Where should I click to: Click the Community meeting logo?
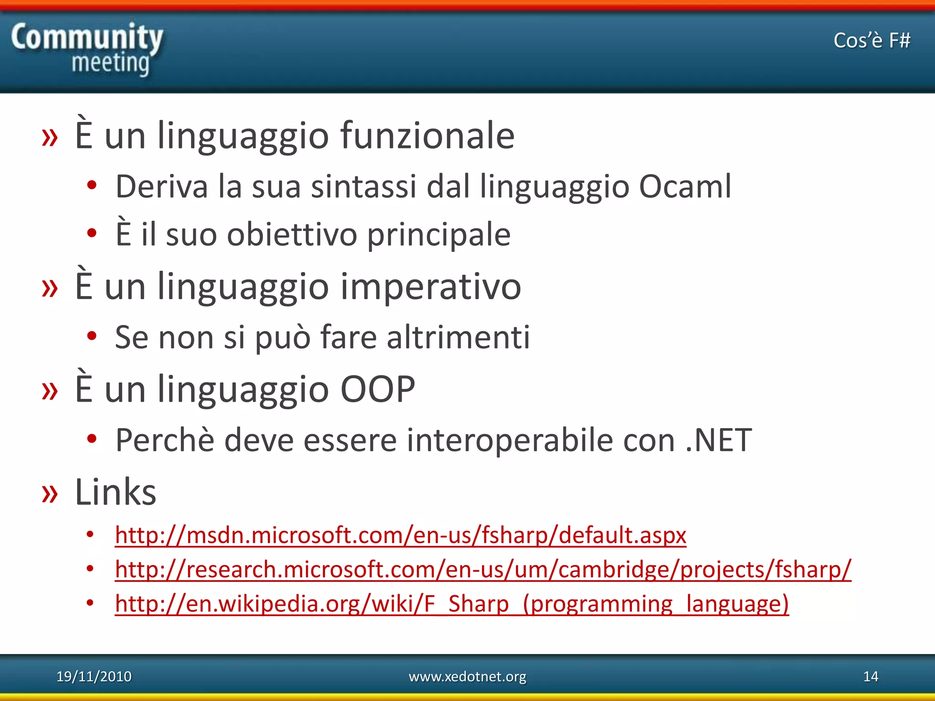point(87,49)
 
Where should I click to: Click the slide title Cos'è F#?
point(872,41)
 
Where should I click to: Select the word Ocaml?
point(685,187)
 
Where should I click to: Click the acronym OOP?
point(378,389)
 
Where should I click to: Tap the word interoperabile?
point(510,440)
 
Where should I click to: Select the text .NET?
point(719,440)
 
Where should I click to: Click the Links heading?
point(116,492)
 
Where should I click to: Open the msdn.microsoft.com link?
point(400,535)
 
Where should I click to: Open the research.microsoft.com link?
point(483,569)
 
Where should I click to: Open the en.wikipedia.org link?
point(452,603)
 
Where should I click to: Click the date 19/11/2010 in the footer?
point(94,676)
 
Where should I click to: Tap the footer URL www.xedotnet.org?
point(467,676)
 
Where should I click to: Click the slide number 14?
point(871,676)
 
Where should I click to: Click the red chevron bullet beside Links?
point(50,494)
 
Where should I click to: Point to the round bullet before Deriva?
point(92,185)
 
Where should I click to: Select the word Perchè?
point(165,440)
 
